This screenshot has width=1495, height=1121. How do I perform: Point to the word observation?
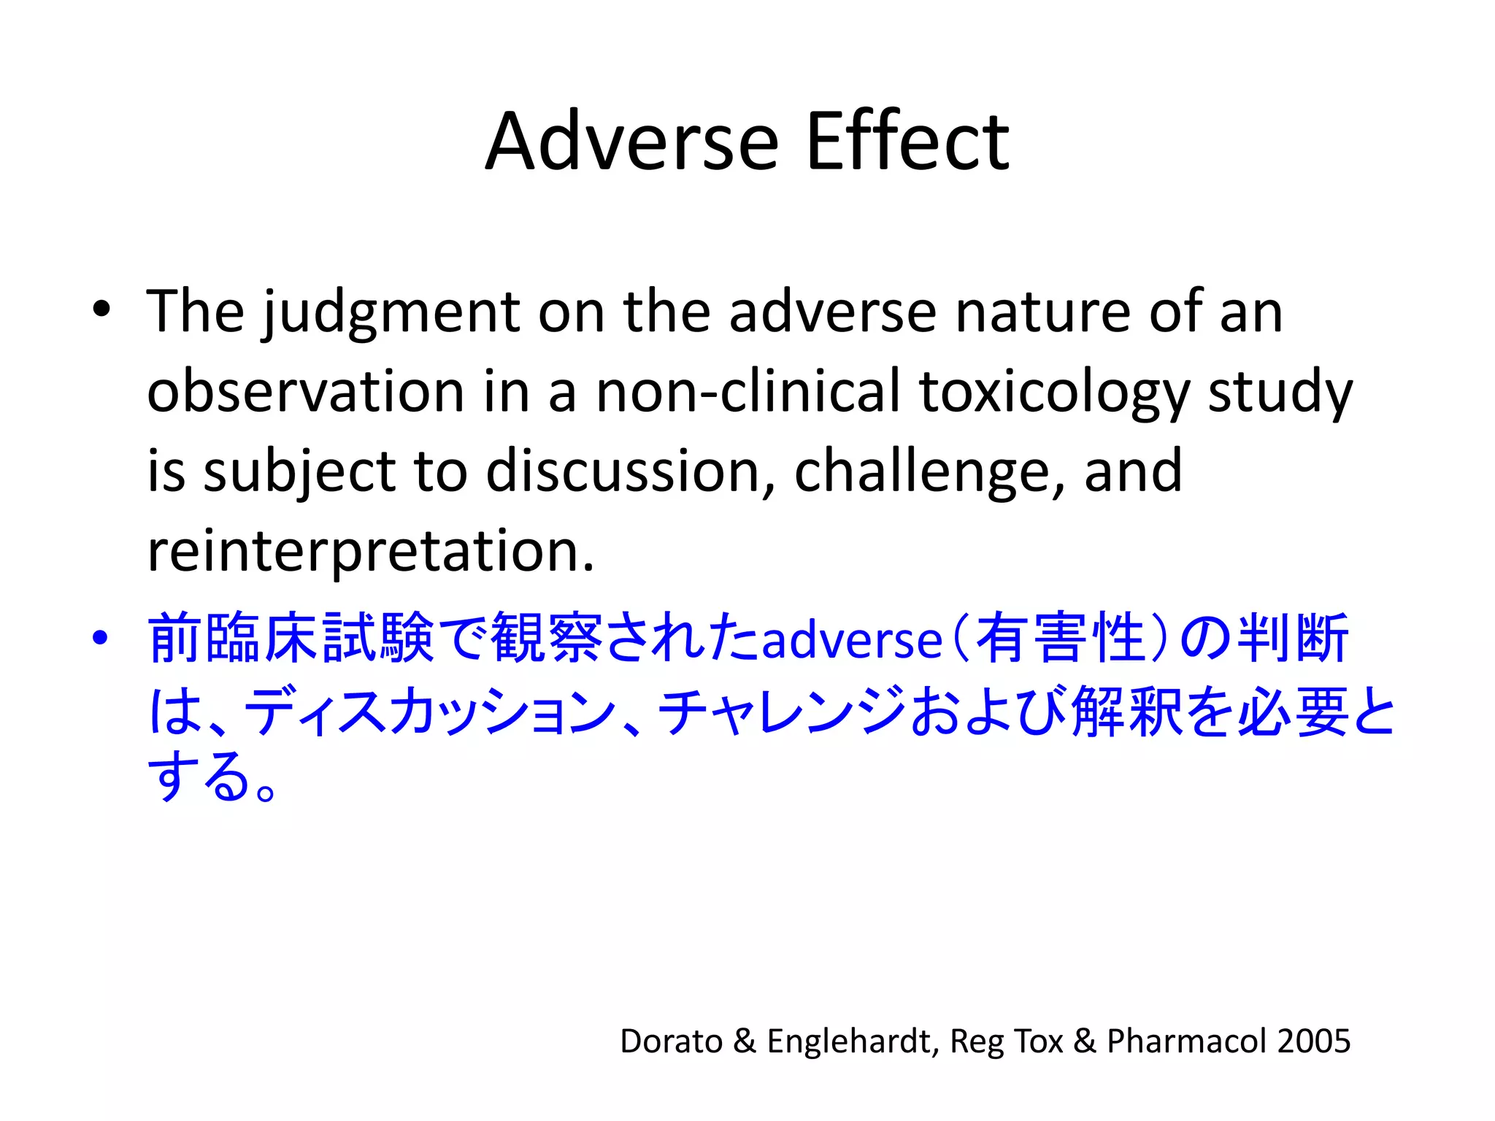(x=305, y=391)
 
